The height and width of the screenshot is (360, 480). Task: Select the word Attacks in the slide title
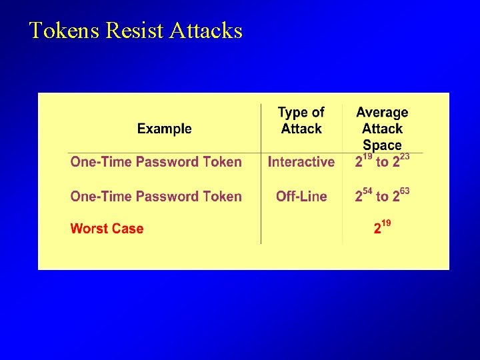[206, 31]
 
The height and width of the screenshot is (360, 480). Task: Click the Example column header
[164, 129]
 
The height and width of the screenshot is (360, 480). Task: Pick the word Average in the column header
[382, 113]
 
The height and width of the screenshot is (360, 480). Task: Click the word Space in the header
[382, 145]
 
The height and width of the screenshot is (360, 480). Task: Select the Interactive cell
[301, 162]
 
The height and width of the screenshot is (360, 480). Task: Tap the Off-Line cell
[301, 197]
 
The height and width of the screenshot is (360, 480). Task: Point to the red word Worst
[89, 229]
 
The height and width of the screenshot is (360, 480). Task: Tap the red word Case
[127, 229]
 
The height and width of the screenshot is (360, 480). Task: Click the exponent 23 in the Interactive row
[404, 156]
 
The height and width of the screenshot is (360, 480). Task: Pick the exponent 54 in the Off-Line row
[368, 191]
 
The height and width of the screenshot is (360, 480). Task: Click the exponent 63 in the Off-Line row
[404, 191]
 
